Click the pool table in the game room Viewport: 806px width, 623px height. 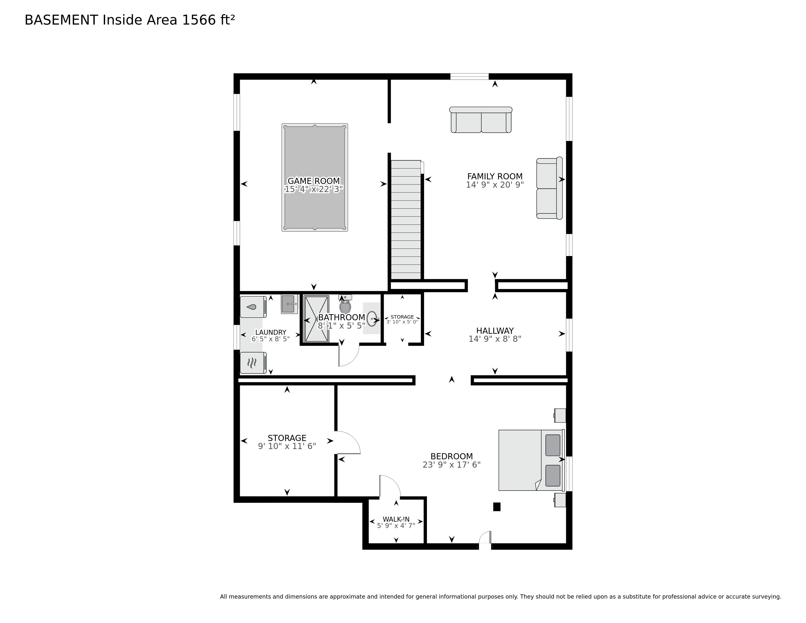(x=314, y=178)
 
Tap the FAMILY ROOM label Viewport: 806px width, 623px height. (x=495, y=176)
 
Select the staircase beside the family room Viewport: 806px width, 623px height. (x=406, y=220)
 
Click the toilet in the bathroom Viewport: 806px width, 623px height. (x=345, y=304)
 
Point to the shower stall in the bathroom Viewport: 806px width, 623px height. (x=316, y=319)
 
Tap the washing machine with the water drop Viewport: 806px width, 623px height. (x=253, y=307)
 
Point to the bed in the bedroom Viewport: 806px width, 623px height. (x=531, y=460)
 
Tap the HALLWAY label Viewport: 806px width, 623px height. (x=495, y=331)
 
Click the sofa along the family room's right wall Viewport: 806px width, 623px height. (x=549, y=188)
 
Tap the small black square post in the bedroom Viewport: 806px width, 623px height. (x=497, y=507)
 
